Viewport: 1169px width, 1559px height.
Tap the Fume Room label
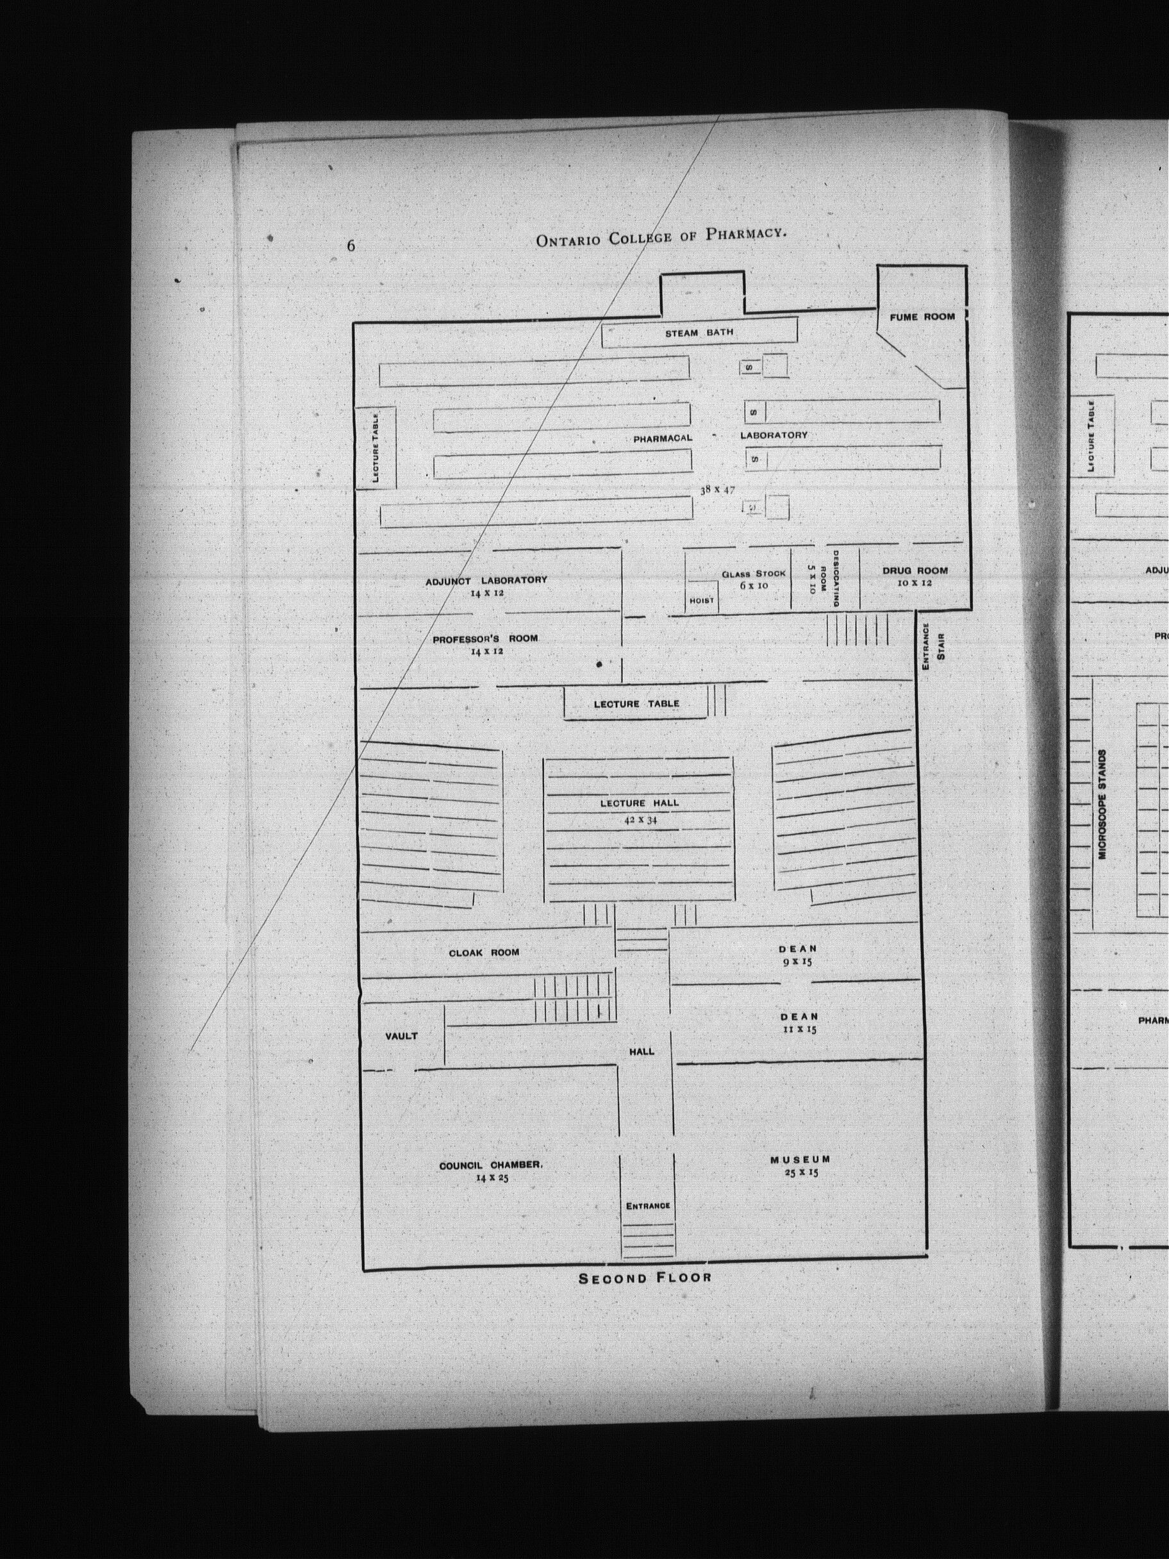pyautogui.click(x=922, y=317)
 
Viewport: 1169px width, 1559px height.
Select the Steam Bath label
pyautogui.click(x=699, y=333)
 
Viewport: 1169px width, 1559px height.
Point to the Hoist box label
pyautogui.click(x=702, y=601)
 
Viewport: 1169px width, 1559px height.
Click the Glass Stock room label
pyautogui.click(x=753, y=574)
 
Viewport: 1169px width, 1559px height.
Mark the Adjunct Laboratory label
pyautogui.click(x=486, y=580)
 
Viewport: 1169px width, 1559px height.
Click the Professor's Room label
pyautogui.click(x=485, y=638)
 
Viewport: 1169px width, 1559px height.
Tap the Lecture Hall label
pyautogui.click(x=640, y=803)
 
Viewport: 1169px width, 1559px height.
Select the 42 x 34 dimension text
pyautogui.click(x=640, y=820)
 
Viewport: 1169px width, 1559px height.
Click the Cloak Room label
pyautogui.click(x=484, y=953)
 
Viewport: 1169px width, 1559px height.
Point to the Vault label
pyautogui.click(x=401, y=1036)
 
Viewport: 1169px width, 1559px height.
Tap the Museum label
pyautogui.click(x=800, y=1160)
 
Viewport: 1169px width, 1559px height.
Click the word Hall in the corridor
pyautogui.click(x=642, y=1051)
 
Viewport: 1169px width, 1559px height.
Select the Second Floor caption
pyautogui.click(x=645, y=1278)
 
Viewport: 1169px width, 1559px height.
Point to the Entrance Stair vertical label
pyautogui.click(x=934, y=646)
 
